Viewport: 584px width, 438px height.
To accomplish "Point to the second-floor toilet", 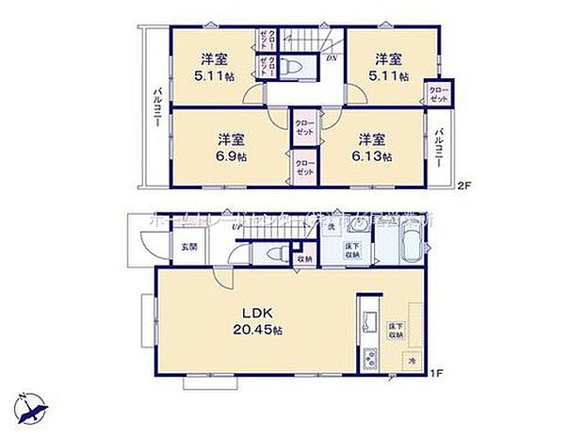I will click(294, 69).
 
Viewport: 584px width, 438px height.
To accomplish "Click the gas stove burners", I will click(366, 359).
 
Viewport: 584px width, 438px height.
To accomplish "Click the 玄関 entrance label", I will click(188, 248).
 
